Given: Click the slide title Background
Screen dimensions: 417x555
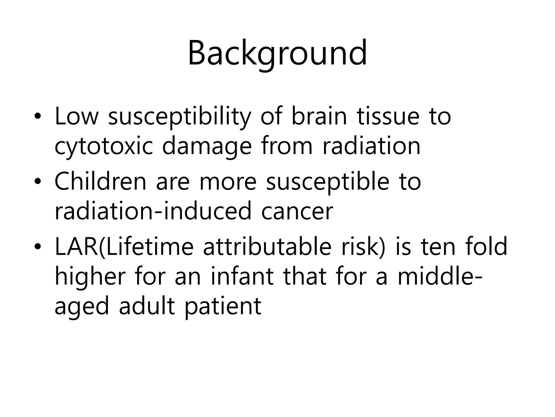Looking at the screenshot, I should pyautogui.click(x=277, y=53).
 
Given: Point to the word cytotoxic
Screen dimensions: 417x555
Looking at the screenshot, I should pyautogui.click(x=104, y=147).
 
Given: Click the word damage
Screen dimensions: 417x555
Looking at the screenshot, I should pyautogui.click(x=207, y=147).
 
